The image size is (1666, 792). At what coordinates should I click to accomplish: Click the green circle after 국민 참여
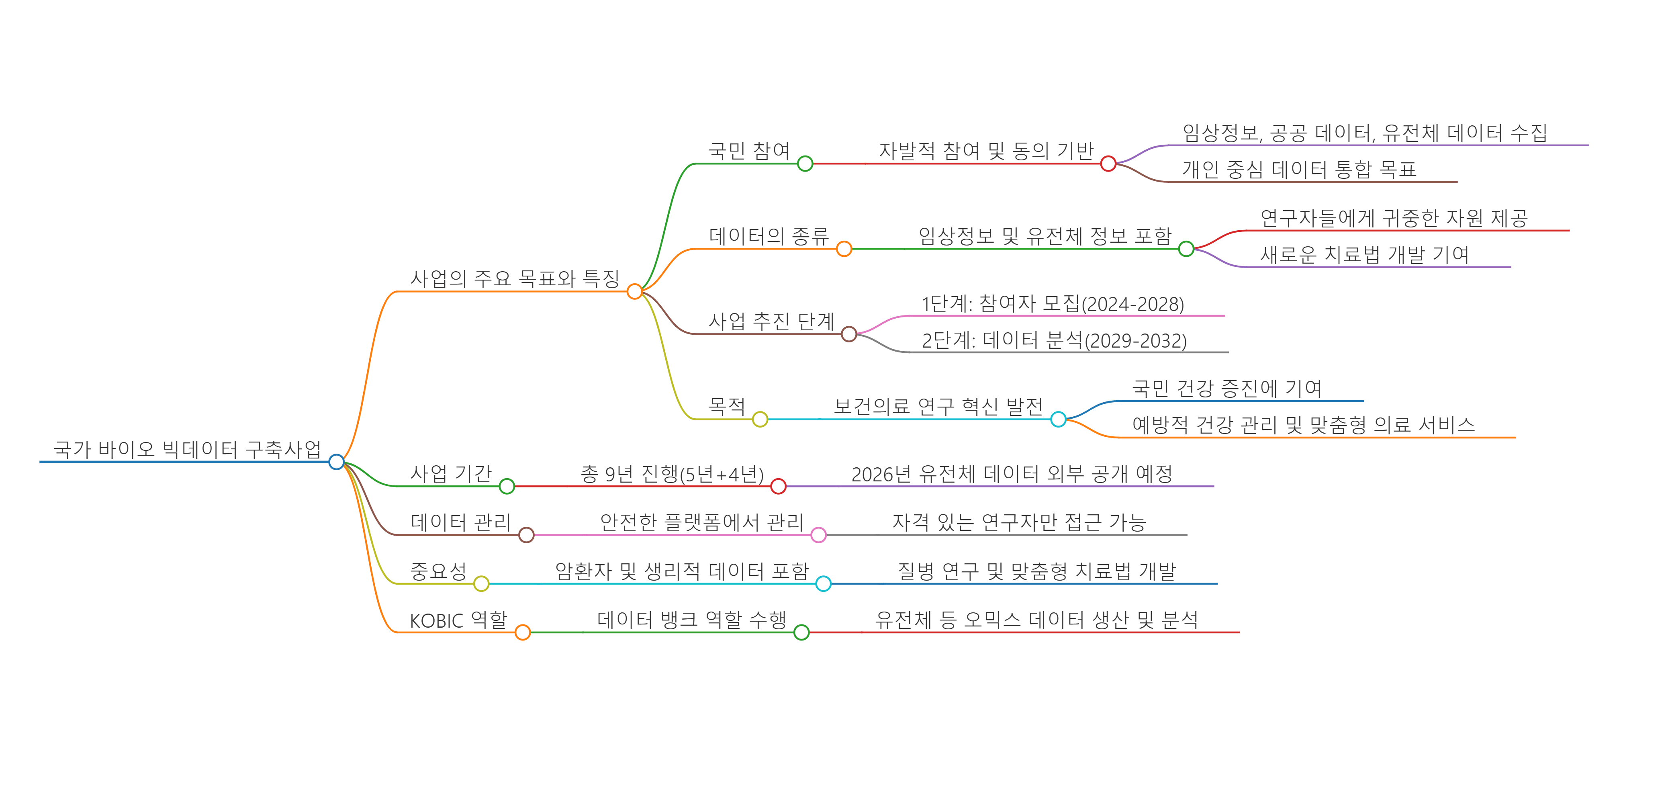[x=805, y=164]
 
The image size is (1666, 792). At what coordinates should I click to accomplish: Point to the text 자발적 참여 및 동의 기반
[x=985, y=151]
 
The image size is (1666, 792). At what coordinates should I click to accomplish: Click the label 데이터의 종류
[x=769, y=235]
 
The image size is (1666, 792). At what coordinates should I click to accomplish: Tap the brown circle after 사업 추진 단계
[x=849, y=334]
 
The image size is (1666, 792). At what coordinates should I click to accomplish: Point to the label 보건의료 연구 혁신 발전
[x=938, y=406]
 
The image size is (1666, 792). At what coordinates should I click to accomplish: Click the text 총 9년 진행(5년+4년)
[x=672, y=474]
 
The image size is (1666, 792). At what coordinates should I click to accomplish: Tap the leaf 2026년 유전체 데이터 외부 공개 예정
[x=1012, y=474]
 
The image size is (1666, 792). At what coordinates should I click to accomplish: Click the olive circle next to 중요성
[x=481, y=583]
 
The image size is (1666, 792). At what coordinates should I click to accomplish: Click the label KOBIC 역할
[x=458, y=620]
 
